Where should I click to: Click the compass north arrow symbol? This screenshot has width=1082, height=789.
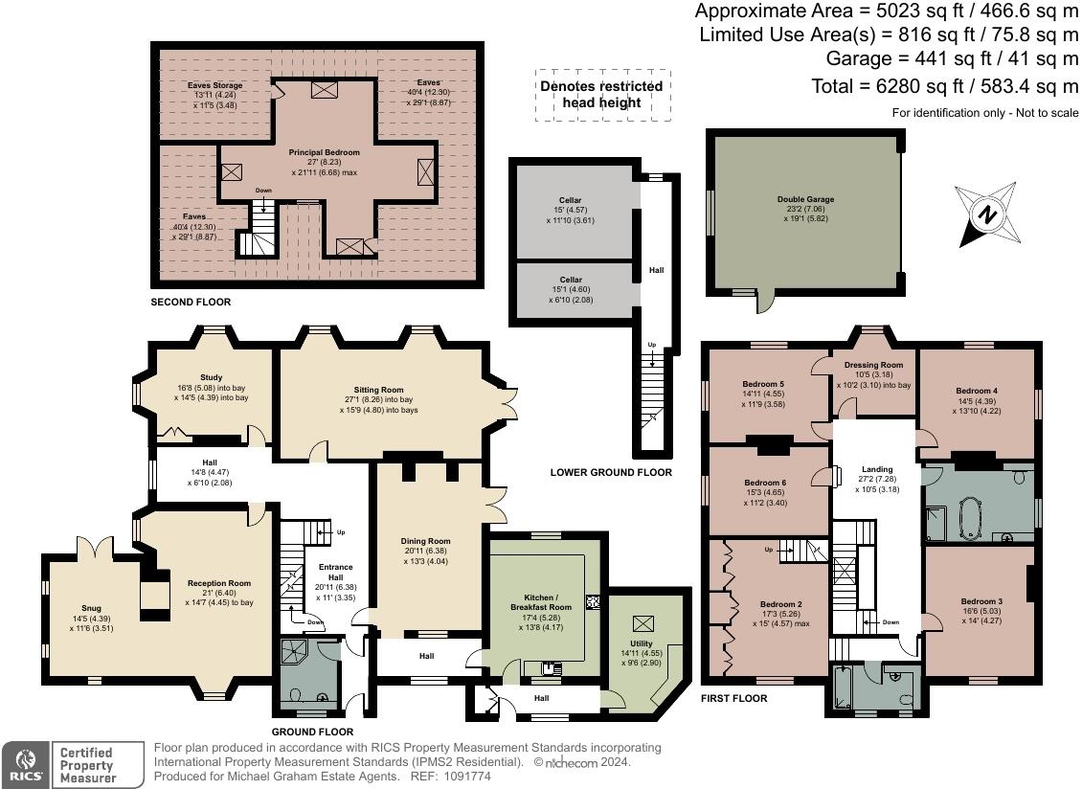[983, 214]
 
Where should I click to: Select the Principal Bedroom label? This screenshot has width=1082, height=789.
[325, 152]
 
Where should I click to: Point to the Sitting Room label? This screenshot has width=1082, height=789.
[379, 391]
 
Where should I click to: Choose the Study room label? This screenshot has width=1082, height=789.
[211, 377]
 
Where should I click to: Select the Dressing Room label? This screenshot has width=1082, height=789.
[873, 365]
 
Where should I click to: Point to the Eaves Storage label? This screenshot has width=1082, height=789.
[214, 85]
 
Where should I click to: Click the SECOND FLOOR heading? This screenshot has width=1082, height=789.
[191, 302]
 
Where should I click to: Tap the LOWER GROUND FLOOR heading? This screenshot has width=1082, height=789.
[611, 472]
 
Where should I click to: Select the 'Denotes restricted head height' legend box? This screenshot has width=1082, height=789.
[602, 94]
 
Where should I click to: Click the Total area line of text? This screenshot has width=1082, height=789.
[945, 86]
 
